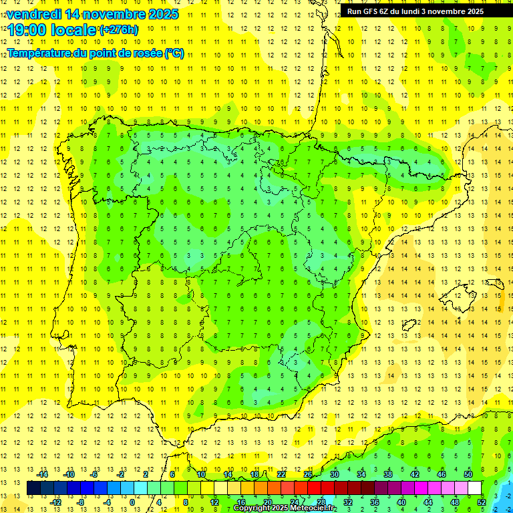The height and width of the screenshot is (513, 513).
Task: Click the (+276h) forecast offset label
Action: click(119, 29)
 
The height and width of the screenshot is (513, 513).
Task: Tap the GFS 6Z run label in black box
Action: click(373, 11)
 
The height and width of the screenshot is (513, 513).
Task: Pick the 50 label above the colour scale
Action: click(468, 474)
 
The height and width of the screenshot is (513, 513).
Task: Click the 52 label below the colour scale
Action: click(481, 502)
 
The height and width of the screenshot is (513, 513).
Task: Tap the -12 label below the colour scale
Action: click(55, 502)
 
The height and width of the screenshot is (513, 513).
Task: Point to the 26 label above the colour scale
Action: click(307, 474)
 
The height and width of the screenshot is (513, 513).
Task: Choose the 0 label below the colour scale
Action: click(132, 502)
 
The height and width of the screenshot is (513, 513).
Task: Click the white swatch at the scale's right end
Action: click(475, 488)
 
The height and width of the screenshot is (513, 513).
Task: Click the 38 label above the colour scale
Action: click(387, 474)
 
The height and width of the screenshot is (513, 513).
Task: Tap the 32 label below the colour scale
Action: click(347, 502)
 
